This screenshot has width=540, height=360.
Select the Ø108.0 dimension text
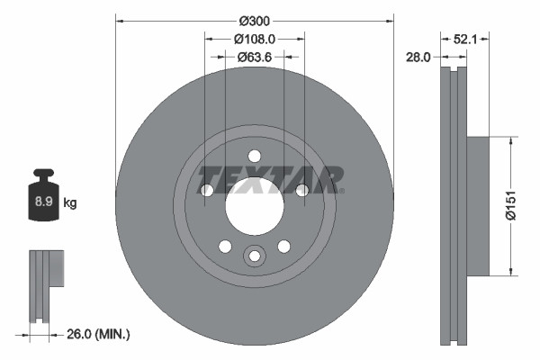click(255, 39)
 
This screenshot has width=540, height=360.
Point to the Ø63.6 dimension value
click(255, 57)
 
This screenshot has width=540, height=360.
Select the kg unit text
click(69, 203)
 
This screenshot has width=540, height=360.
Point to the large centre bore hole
click(254, 207)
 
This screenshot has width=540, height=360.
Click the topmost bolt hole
click(254, 155)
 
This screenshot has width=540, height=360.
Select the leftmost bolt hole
click(206, 190)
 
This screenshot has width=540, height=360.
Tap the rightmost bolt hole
click(302, 190)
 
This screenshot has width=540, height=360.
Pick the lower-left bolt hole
click(224, 247)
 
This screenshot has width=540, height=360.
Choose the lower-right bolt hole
click(283, 247)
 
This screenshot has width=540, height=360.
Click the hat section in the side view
click(477, 205)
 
